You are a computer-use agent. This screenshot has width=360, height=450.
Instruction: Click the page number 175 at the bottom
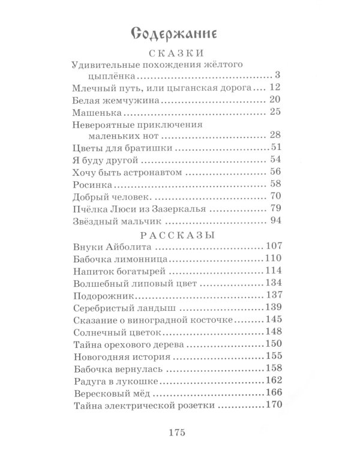pos(179,433)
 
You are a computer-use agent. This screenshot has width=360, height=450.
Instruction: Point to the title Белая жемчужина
pos(110,100)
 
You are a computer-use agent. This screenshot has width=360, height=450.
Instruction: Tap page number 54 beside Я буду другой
pos(275,160)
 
